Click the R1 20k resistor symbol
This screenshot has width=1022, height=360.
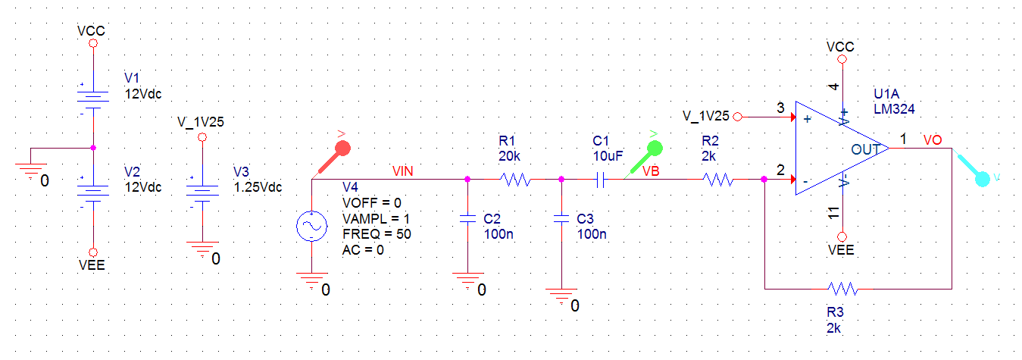[515, 180]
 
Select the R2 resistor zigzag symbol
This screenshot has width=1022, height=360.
[717, 180]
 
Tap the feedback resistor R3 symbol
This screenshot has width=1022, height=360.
[842, 289]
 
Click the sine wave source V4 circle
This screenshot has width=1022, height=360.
[311, 227]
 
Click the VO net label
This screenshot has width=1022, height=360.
[933, 140]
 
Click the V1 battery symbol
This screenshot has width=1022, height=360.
[92, 99]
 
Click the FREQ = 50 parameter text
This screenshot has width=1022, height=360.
[377, 234]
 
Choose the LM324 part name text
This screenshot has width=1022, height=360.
[894, 109]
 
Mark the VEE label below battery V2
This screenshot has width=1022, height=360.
[92, 266]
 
